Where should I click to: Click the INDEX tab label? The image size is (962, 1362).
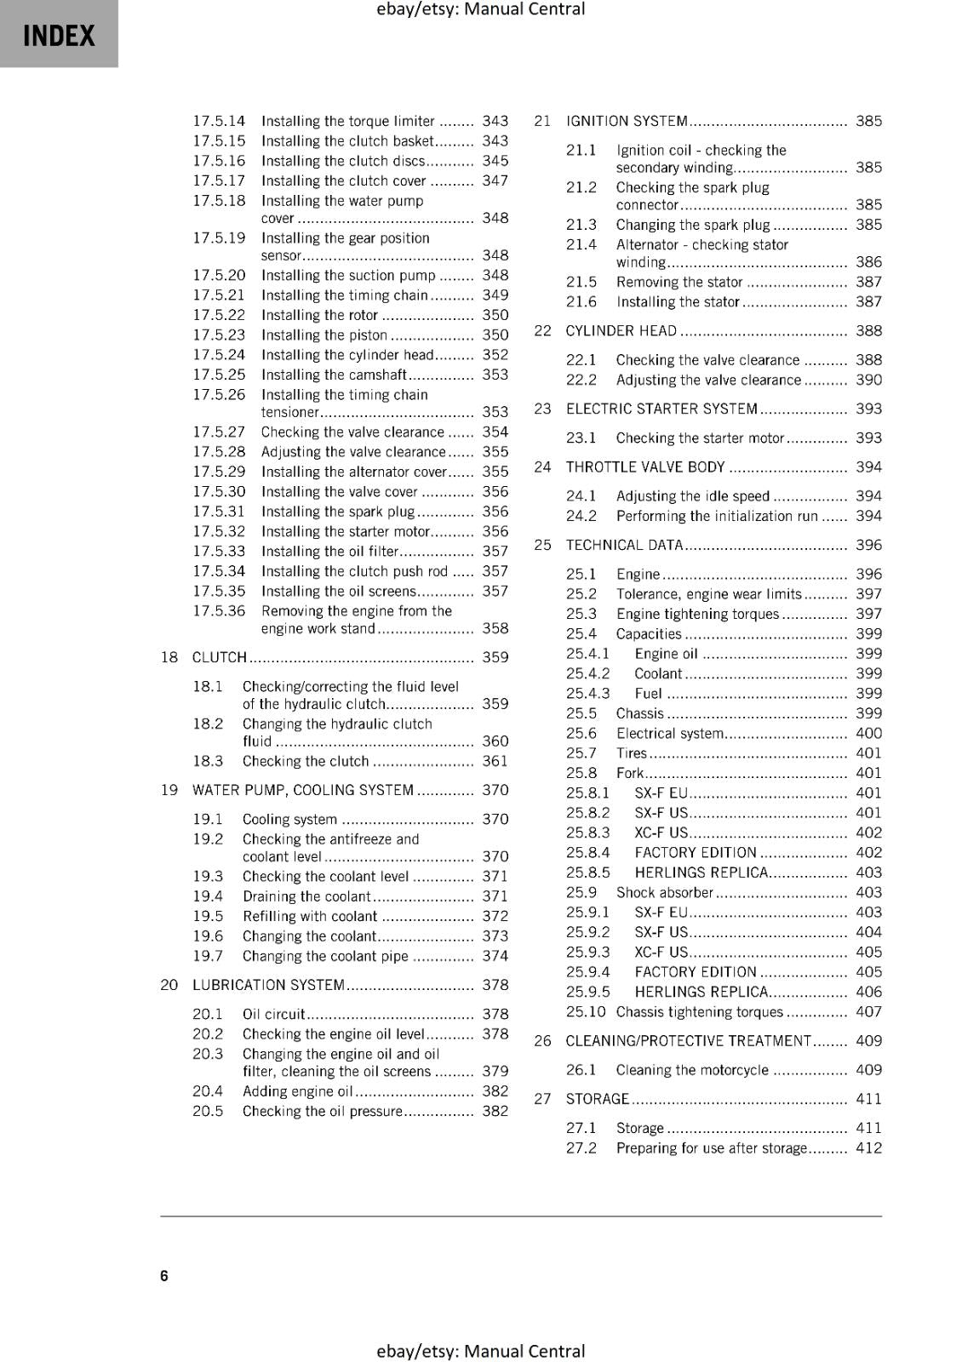pyautogui.click(x=59, y=36)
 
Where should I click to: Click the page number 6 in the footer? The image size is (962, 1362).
pyautogui.click(x=164, y=1275)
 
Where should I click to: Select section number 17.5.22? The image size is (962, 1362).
pyautogui.click(x=219, y=315)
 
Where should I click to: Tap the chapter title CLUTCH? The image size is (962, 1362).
pyautogui.click(x=219, y=657)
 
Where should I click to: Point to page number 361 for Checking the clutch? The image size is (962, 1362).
pyautogui.click(x=495, y=761)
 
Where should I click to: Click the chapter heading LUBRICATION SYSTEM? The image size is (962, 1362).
pyautogui.click(x=268, y=985)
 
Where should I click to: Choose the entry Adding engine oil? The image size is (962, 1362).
pyautogui.click(x=297, y=1091)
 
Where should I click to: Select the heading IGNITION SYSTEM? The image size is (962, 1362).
pyautogui.click(x=627, y=121)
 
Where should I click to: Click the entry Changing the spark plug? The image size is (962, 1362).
pyautogui.click(x=692, y=225)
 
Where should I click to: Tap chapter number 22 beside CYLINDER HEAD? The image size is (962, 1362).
pyautogui.click(x=542, y=331)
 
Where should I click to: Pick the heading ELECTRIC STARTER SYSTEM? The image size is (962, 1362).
pyautogui.click(x=661, y=409)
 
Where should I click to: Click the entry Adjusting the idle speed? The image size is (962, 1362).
pyautogui.click(x=692, y=496)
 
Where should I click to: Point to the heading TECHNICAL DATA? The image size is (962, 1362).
pyautogui.click(x=624, y=545)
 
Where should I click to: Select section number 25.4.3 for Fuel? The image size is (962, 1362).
pyautogui.click(x=587, y=694)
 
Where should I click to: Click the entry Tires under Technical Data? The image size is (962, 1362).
pyautogui.click(x=631, y=753)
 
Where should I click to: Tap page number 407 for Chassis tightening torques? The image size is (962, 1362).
pyautogui.click(x=868, y=1012)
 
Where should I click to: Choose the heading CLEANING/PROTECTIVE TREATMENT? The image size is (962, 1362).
pyautogui.click(x=688, y=1041)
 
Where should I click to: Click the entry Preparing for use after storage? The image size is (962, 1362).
pyautogui.click(x=711, y=1148)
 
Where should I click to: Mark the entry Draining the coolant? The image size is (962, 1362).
pyautogui.click(x=306, y=896)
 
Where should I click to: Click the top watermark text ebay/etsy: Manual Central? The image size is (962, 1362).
pyautogui.click(x=480, y=9)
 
